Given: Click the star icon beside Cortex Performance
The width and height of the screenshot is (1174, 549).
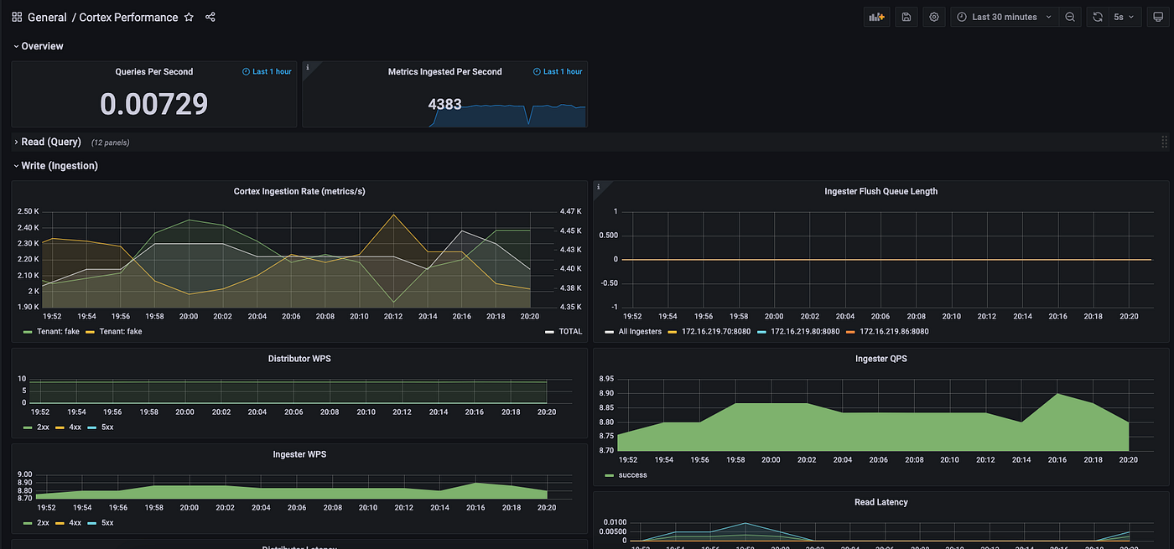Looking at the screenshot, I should pyautogui.click(x=189, y=17).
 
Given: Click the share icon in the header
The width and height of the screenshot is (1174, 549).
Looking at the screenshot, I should pyautogui.click(x=210, y=17).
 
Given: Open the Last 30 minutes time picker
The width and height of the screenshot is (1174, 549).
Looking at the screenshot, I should pyautogui.click(x=1004, y=17).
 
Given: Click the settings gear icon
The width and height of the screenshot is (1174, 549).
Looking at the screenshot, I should pyautogui.click(x=933, y=17).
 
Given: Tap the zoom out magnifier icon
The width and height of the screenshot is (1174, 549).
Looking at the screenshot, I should pyautogui.click(x=1070, y=17).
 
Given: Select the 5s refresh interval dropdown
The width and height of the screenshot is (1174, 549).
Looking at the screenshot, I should pyautogui.click(x=1123, y=17).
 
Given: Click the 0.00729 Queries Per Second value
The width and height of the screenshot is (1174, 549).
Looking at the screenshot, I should pyautogui.click(x=153, y=104).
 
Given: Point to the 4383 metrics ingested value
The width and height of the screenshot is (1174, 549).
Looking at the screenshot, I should pyautogui.click(x=444, y=105).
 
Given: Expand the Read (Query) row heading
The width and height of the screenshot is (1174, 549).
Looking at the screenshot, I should pyautogui.click(x=50, y=142).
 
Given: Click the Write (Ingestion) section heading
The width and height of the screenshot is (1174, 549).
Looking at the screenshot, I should pyautogui.click(x=59, y=166).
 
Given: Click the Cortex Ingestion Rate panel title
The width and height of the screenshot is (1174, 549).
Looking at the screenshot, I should pyautogui.click(x=299, y=192).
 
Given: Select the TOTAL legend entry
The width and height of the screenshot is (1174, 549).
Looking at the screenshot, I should pyautogui.click(x=569, y=332).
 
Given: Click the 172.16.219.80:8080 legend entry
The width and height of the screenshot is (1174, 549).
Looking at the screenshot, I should pyautogui.click(x=804, y=332).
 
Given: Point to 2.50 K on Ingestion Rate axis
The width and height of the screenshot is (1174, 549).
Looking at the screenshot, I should pyautogui.click(x=28, y=211).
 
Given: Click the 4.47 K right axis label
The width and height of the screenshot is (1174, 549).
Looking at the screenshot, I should pyautogui.click(x=572, y=211).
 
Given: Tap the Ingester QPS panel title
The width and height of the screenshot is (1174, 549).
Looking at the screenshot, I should pyautogui.click(x=881, y=359).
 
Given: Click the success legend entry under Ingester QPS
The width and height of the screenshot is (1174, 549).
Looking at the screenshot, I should pyautogui.click(x=631, y=475).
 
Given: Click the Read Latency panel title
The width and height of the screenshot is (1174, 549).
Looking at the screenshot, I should pyautogui.click(x=881, y=502).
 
